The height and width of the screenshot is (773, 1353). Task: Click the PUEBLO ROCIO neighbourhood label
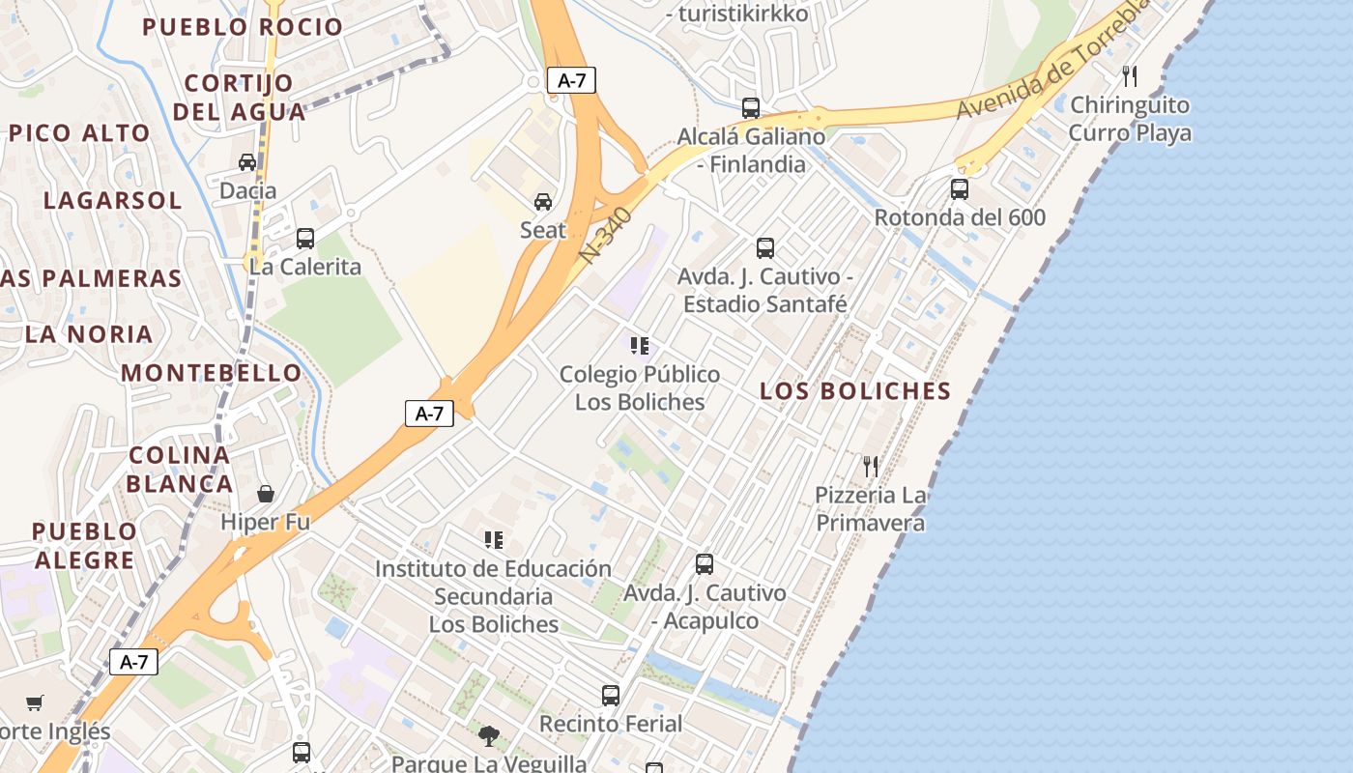243,27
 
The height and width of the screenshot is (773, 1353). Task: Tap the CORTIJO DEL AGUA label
239,97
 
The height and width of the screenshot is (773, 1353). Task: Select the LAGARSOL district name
112,201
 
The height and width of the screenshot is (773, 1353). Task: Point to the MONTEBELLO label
211,373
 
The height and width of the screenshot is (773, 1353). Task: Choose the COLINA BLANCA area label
180,469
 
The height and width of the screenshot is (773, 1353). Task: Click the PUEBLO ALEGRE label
84,545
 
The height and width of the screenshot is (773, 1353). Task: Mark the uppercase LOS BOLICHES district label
855,391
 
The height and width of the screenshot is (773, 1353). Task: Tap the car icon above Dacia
247,162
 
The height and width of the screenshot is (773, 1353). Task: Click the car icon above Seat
543,201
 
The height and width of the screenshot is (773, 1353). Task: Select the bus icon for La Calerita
305,238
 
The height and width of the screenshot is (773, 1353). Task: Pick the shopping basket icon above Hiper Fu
266,494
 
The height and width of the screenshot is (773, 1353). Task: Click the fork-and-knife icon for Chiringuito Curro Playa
1129,75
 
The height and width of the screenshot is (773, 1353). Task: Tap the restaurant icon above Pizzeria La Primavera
871,467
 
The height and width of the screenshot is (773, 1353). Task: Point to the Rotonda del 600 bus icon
960,189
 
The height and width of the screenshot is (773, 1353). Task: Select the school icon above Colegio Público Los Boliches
639,345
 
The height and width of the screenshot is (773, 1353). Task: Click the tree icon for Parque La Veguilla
489,736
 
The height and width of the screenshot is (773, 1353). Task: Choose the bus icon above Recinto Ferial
611,695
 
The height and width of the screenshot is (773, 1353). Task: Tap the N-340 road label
606,236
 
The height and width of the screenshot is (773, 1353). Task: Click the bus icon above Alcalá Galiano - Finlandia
751,107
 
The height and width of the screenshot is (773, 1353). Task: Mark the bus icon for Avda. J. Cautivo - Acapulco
705,563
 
